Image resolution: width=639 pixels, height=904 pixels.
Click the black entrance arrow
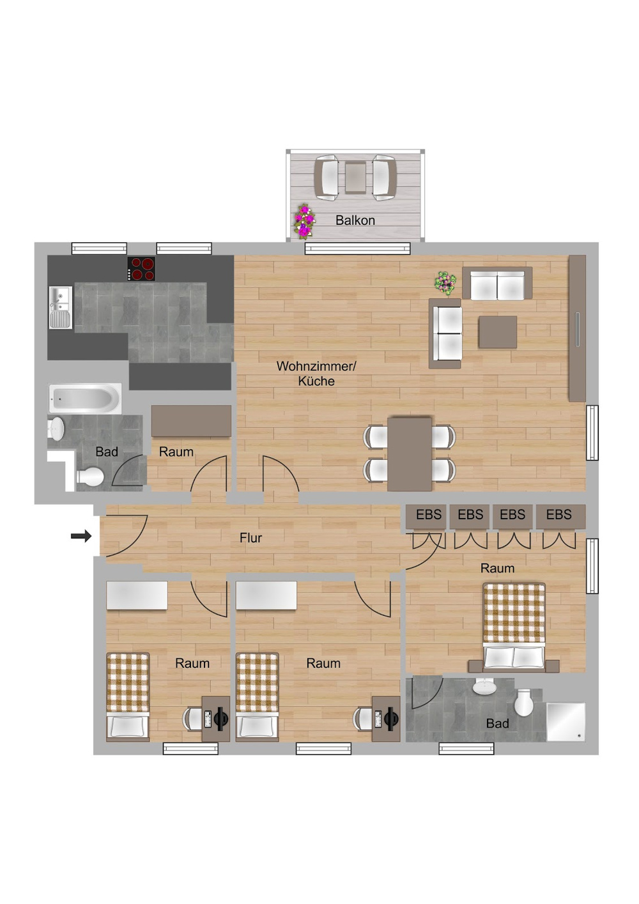point(81,536)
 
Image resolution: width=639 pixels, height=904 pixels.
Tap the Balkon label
point(355,220)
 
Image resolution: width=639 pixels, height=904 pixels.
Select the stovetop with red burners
point(141,269)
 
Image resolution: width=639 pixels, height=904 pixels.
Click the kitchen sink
point(61,307)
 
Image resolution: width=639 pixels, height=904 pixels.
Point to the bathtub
point(85,399)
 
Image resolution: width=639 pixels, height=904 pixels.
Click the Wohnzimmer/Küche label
point(316,374)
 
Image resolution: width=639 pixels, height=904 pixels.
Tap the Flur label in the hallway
point(250,538)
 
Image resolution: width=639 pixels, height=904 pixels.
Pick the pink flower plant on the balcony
point(304,221)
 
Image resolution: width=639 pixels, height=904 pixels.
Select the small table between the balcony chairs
point(356,177)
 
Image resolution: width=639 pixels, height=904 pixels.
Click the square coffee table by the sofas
point(498,332)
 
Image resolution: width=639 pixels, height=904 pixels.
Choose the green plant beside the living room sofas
point(445,282)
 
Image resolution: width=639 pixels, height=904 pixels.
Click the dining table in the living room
point(410,453)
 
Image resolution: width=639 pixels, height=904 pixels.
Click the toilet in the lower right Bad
point(524,703)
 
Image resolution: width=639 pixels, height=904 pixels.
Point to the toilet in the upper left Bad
point(91,476)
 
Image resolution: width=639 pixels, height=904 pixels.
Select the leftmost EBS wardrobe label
point(428,515)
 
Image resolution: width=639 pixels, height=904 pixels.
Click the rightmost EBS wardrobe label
point(558,515)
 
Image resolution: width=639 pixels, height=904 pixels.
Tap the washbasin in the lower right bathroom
point(484,686)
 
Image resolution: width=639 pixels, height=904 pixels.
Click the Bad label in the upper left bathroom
point(107,452)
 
